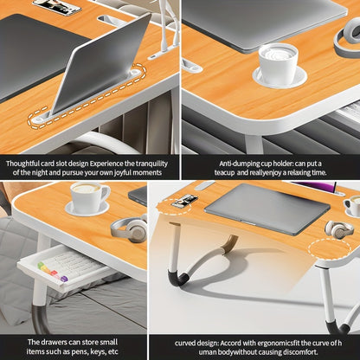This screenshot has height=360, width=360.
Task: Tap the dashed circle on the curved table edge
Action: point(334,249)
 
